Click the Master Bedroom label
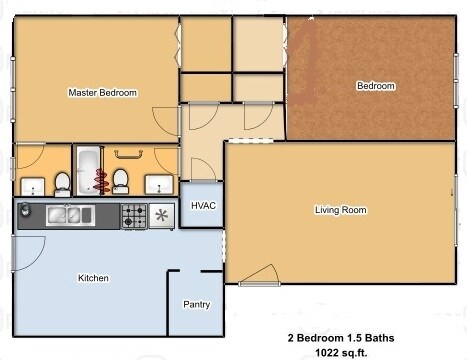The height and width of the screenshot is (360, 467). click(x=102, y=92)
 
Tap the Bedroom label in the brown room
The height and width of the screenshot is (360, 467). click(x=376, y=86)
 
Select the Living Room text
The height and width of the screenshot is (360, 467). click(x=340, y=210)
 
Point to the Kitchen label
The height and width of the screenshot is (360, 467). click(x=93, y=278)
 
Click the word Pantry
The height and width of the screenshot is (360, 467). click(x=196, y=304)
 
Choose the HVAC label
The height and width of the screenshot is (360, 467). click(x=203, y=205)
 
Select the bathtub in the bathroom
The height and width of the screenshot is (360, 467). click(x=86, y=170)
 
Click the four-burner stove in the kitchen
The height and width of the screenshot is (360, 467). click(x=133, y=214)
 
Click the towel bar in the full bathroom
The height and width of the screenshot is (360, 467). click(x=127, y=155)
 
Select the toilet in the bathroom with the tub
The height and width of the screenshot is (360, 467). click(x=121, y=180)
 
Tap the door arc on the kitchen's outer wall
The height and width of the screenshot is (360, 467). click(x=28, y=250)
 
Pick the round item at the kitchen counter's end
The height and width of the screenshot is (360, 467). click(x=24, y=211)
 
